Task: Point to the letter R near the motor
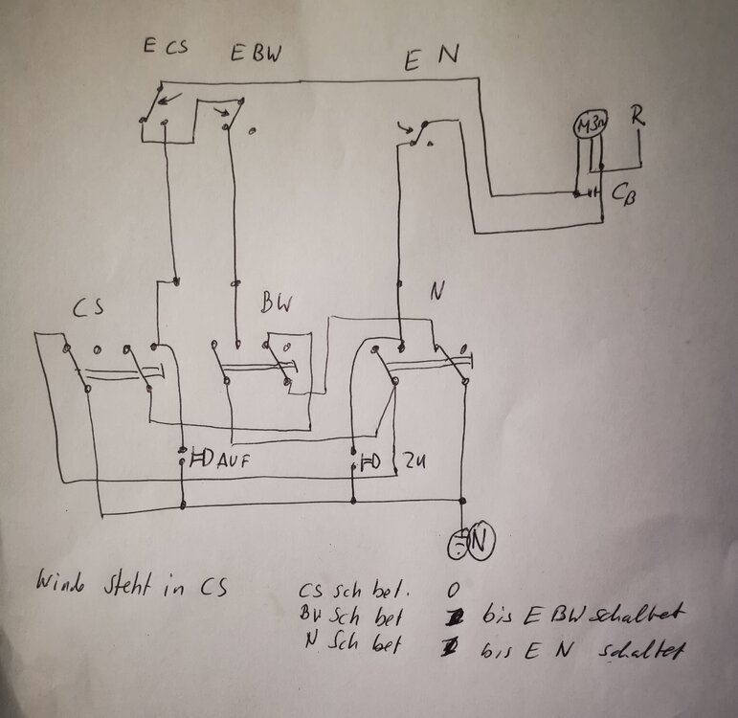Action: click(x=637, y=118)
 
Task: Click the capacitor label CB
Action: click(x=622, y=193)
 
